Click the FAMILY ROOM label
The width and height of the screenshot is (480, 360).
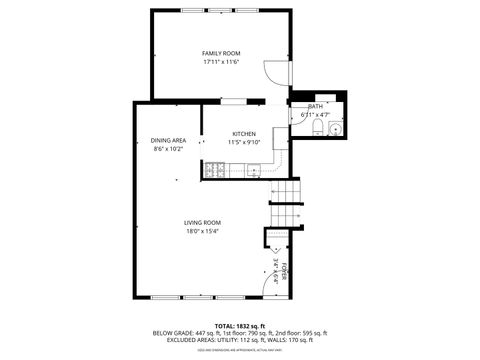point(221,52)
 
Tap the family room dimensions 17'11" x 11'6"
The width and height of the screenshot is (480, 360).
point(221,62)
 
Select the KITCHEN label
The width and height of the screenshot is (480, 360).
point(244,134)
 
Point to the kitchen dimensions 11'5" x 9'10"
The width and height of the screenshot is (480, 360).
point(244,143)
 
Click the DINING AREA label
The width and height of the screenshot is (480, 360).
point(168,140)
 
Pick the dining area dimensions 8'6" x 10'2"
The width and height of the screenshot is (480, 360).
point(168,149)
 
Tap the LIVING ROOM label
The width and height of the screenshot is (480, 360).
point(202,222)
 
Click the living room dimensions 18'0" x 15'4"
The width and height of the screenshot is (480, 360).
point(202,231)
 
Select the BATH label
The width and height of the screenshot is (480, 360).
point(315,106)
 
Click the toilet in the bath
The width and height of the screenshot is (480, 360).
point(316,128)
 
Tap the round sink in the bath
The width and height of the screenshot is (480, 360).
point(334,128)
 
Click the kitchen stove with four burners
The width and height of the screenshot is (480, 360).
point(213,170)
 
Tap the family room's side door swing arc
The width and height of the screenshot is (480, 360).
point(273,72)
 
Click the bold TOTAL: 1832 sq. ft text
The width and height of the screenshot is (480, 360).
point(239,325)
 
